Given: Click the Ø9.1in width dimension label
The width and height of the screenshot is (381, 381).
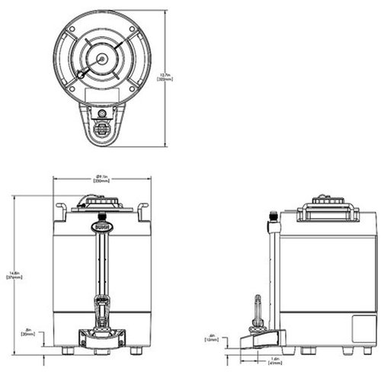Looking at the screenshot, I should coord(100,179).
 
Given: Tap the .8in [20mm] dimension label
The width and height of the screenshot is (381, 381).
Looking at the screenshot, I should coord(28,332).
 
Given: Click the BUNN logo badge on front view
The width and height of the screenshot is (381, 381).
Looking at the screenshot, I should coord(101,226).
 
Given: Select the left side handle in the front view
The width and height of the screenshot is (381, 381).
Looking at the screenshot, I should coord(61,210).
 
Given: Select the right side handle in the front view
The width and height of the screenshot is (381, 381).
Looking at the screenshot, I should coord(142,210).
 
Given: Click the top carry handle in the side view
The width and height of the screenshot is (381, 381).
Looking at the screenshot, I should coord(326,208).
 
